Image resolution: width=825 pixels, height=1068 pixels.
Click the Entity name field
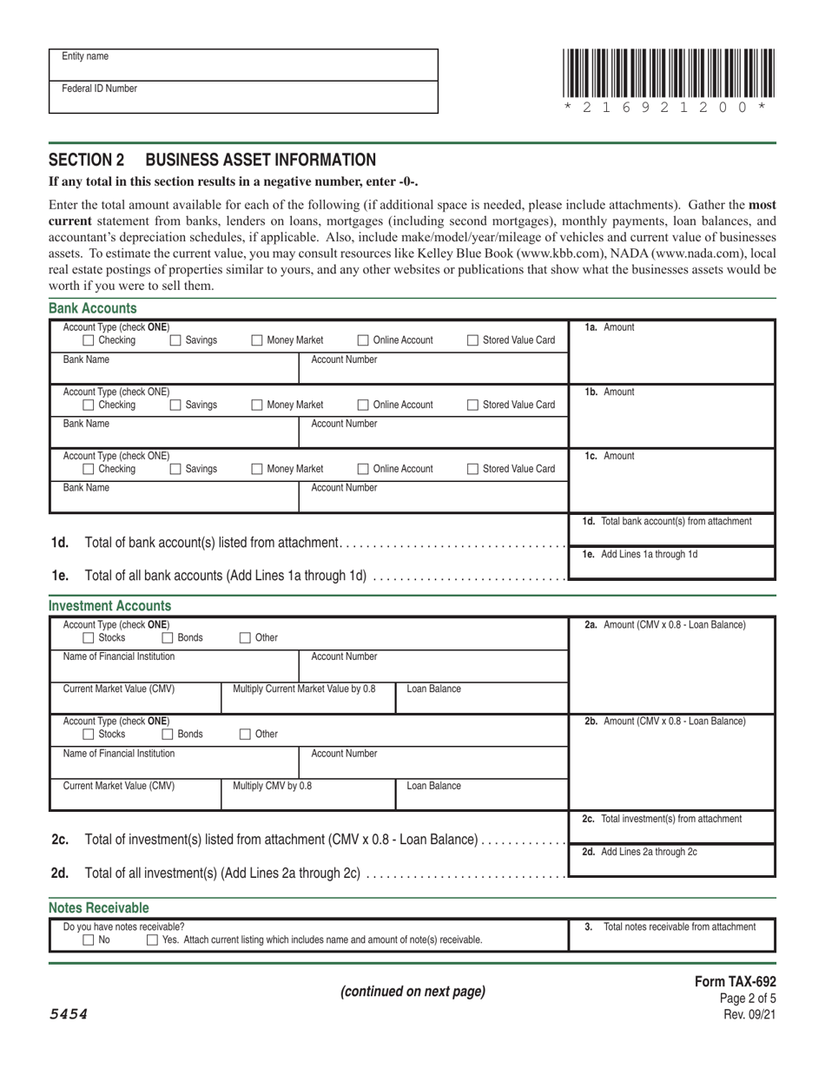tap(243, 65)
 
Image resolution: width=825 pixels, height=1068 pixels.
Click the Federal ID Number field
tap(243, 97)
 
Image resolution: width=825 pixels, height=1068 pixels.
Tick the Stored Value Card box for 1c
tap(472, 469)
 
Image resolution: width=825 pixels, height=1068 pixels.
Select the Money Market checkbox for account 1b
tap(257, 405)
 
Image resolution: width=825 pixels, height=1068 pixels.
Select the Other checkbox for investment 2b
tap(244, 734)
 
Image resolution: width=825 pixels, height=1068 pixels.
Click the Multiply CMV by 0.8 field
tap(308, 794)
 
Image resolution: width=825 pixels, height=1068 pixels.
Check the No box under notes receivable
tap(88, 939)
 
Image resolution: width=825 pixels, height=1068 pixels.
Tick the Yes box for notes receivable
tap(152, 939)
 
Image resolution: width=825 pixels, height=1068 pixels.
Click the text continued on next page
tap(412, 992)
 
